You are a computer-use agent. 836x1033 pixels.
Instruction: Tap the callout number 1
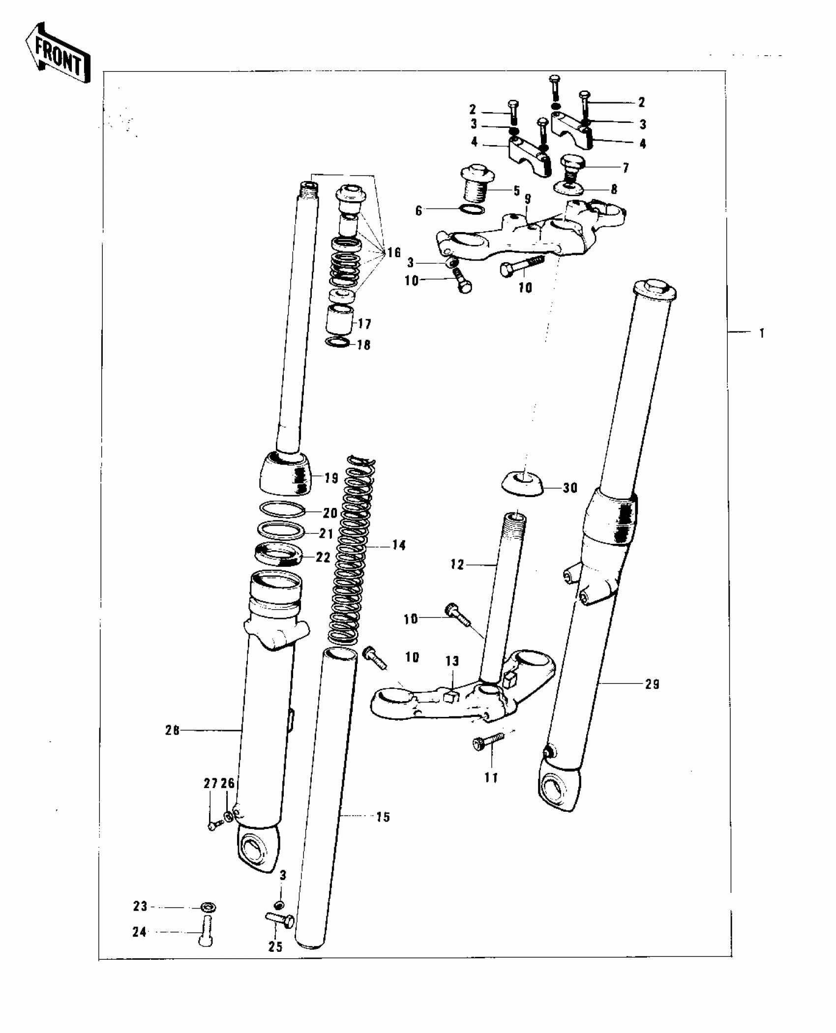click(x=761, y=333)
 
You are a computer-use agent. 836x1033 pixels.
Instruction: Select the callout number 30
click(x=570, y=488)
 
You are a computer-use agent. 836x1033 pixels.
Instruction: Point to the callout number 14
click(x=399, y=545)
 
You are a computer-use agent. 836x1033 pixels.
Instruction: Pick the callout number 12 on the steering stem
click(x=457, y=565)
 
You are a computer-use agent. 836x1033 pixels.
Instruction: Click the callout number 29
click(x=652, y=684)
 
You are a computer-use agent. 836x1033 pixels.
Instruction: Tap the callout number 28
click(x=173, y=731)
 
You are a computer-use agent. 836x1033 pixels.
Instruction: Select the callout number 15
click(x=383, y=817)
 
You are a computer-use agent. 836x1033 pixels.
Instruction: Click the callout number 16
click(x=394, y=253)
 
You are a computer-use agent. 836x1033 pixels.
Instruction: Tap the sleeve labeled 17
click(x=340, y=320)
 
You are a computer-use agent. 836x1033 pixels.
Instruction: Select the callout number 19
click(x=332, y=477)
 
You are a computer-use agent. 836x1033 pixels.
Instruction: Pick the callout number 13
click(x=452, y=661)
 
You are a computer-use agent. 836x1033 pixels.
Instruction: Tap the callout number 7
click(x=625, y=169)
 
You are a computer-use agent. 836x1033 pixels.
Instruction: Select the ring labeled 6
click(x=471, y=209)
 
